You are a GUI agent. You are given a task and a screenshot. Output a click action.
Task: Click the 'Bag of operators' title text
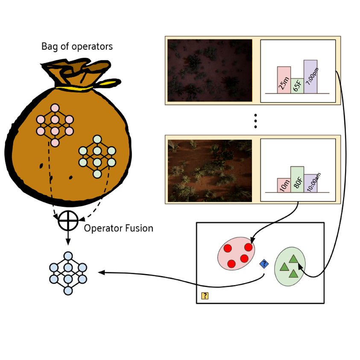click(x=77, y=47)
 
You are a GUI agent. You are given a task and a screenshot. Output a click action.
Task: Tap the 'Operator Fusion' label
click(x=118, y=228)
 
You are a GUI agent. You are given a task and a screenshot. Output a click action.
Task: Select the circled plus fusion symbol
click(x=68, y=221)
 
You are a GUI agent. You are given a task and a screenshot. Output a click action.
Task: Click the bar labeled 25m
click(x=284, y=80)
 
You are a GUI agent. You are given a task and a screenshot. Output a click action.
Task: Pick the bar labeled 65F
click(x=297, y=86)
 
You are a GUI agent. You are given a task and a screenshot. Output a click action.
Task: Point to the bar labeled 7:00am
click(x=310, y=77)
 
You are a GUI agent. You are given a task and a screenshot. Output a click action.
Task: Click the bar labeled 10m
click(x=284, y=185)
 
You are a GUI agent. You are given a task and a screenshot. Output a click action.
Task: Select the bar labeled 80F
click(x=297, y=179)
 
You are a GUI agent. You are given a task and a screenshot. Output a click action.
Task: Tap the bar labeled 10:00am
click(x=310, y=183)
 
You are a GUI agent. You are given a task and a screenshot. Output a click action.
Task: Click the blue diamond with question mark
click(x=264, y=264)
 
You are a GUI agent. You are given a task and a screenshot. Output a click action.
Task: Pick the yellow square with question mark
click(x=205, y=295)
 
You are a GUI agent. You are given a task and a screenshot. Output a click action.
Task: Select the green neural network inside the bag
click(x=97, y=156)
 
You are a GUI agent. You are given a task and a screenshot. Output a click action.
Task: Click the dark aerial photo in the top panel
click(x=210, y=71)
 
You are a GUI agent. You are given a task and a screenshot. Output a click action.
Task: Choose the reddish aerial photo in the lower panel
click(x=210, y=171)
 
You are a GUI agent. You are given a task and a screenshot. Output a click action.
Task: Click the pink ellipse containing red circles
click(x=236, y=254)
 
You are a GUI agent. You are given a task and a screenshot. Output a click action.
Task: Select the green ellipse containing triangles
click(x=290, y=266)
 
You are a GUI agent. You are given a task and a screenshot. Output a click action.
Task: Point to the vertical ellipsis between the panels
click(x=255, y=121)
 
